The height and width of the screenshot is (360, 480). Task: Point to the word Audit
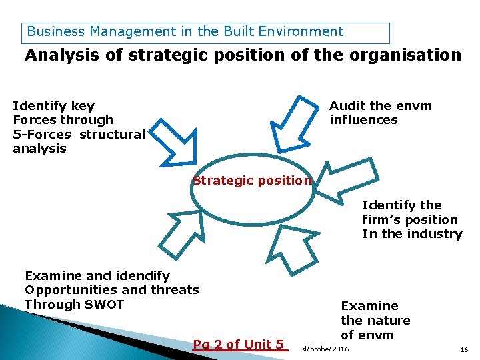[x=347, y=106]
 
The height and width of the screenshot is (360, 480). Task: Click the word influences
[x=363, y=120]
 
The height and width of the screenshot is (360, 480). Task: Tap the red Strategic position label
[x=252, y=180]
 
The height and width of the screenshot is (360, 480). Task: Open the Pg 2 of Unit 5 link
[x=239, y=344]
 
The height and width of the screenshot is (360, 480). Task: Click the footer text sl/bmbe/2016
[x=325, y=349]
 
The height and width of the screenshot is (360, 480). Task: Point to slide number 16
[x=464, y=349]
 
